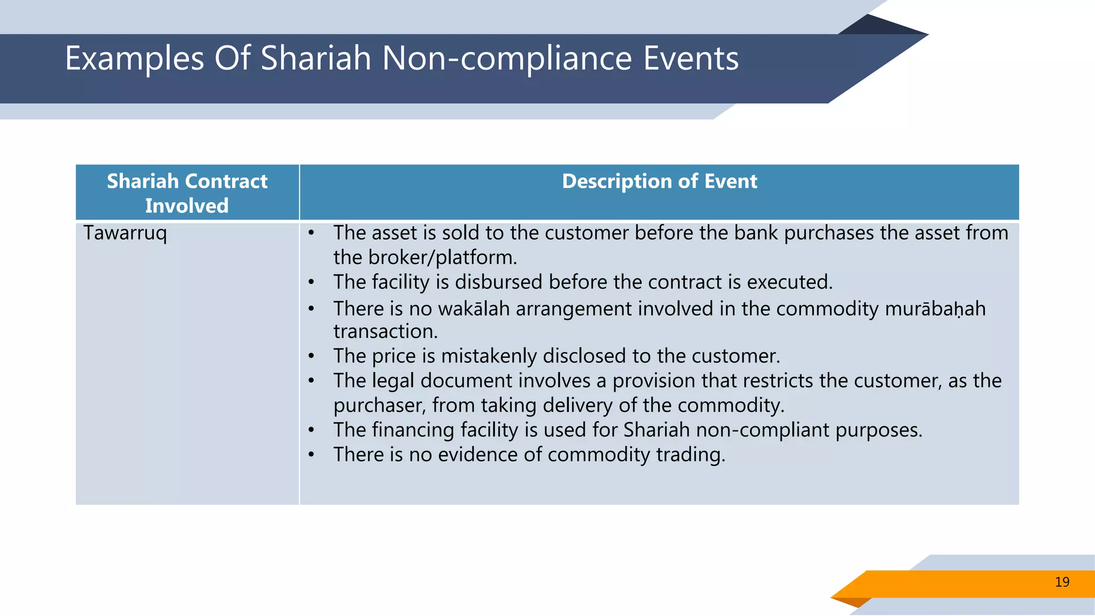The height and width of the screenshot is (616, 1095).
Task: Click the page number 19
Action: click(x=1062, y=582)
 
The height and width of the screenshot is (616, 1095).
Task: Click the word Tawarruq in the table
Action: click(x=125, y=233)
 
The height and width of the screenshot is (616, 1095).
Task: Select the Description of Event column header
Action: click(x=659, y=181)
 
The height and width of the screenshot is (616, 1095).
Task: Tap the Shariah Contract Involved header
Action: click(x=187, y=193)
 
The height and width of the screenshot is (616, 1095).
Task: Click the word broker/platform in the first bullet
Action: click(x=442, y=258)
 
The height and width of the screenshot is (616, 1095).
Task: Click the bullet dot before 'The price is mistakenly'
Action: click(x=311, y=356)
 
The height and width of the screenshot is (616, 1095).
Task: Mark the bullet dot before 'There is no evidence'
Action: click(x=311, y=455)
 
